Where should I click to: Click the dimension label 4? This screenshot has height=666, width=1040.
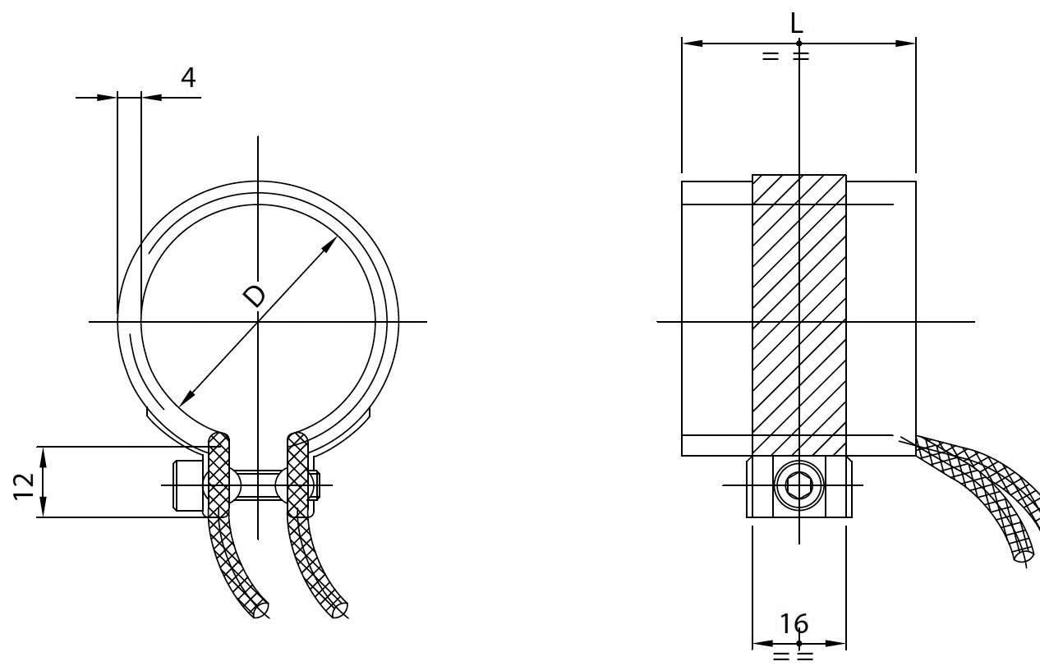[188, 77]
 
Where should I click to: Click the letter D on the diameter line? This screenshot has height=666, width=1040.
[255, 296]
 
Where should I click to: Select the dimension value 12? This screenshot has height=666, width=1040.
[24, 486]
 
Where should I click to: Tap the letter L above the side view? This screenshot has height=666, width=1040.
[797, 23]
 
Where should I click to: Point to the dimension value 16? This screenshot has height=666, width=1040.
[794, 624]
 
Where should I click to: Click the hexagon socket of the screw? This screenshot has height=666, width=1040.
[798, 485]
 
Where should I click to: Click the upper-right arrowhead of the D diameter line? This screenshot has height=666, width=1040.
[329, 245]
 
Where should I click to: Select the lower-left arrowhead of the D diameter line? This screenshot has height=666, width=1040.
[186, 398]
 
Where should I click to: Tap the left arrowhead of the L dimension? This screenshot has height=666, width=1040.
[693, 44]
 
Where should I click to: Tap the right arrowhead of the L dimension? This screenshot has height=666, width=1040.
[905, 44]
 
